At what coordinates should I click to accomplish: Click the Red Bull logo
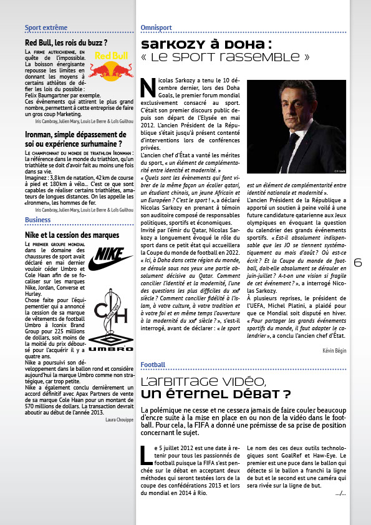[x=111, y=64]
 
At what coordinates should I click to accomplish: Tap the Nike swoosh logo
[x=111, y=258]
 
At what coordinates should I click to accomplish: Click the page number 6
[x=358, y=263]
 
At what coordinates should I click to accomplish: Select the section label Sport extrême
[x=46, y=28]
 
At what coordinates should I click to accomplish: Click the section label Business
[x=38, y=220]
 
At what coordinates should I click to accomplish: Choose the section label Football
[x=153, y=364]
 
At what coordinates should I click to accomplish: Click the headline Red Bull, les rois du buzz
[x=66, y=42]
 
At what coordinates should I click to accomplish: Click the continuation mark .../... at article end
[x=340, y=493]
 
